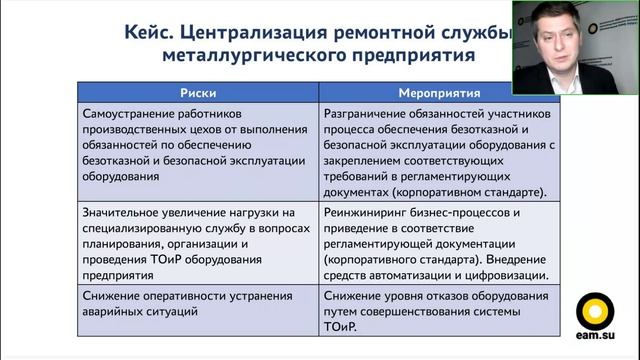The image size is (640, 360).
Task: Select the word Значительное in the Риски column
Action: tap(126, 212)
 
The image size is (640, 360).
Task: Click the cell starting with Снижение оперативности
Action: tap(199, 303)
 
